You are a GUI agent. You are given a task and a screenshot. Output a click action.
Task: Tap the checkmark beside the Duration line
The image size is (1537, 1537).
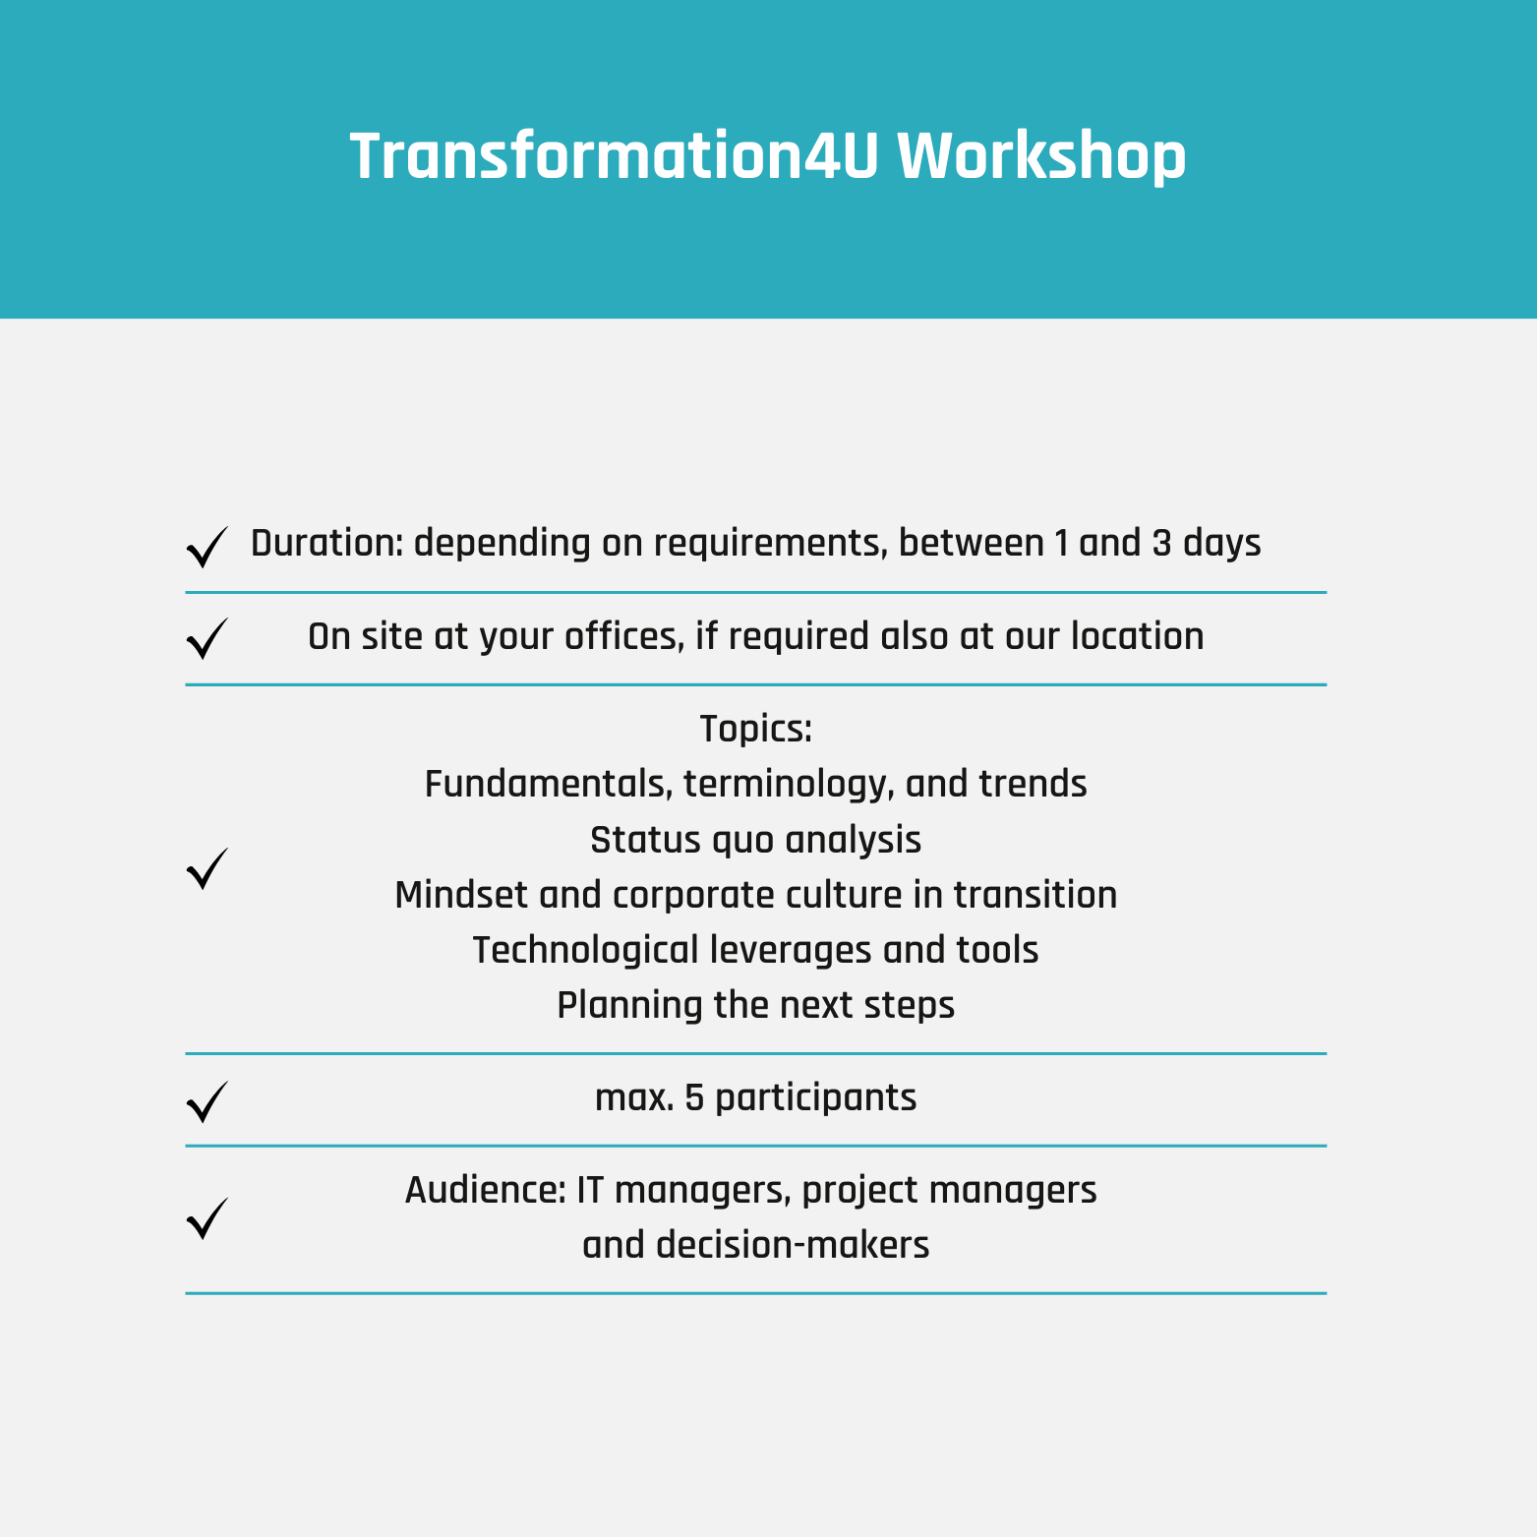[207, 547]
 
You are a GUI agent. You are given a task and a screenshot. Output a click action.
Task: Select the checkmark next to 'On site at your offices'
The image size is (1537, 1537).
[207, 638]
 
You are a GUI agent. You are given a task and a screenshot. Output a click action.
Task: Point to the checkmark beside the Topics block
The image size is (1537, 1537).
[207, 868]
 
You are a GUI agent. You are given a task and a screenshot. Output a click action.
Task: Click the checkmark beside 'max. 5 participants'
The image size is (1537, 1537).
[207, 1101]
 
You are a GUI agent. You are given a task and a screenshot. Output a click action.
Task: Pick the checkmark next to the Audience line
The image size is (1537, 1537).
[207, 1217]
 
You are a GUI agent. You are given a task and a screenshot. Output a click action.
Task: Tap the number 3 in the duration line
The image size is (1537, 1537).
[1161, 543]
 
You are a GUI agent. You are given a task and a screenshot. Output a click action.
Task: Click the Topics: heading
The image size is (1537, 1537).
[755, 729]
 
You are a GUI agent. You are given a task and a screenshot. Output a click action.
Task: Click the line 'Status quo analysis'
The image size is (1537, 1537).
[755, 840]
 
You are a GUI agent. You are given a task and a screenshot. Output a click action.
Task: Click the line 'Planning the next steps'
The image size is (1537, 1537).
[755, 1005]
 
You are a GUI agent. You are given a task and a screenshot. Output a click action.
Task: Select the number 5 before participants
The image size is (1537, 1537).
[694, 1097]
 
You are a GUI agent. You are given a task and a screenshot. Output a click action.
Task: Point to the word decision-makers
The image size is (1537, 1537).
[793, 1245]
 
